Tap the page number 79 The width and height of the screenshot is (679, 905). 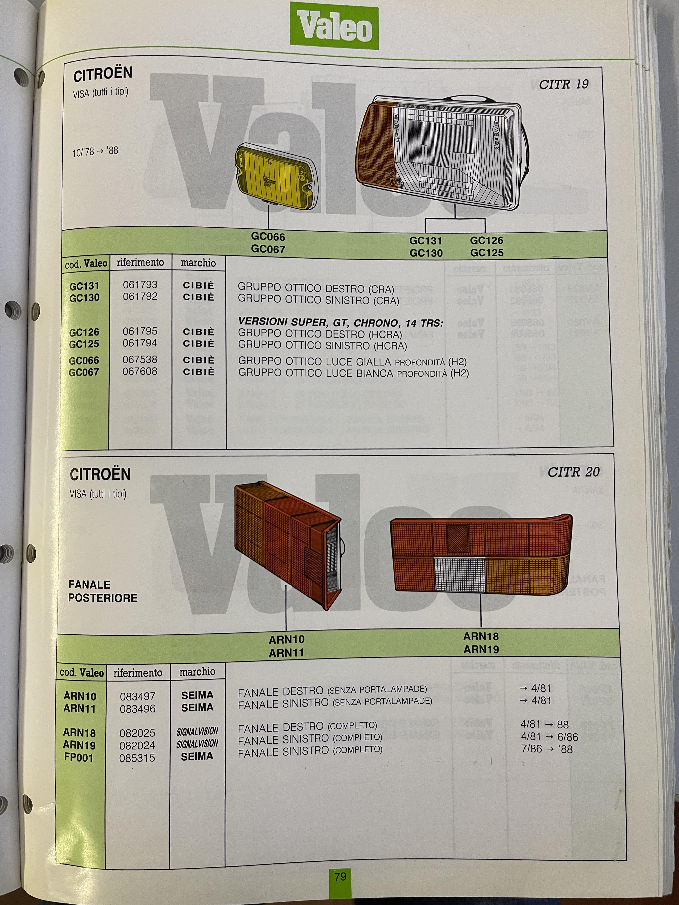click(340, 876)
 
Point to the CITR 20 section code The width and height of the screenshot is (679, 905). click(573, 472)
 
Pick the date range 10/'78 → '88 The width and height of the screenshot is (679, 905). click(95, 151)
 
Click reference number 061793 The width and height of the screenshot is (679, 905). click(140, 285)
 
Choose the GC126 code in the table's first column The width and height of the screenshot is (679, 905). click(84, 332)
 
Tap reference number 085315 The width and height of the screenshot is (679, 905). click(137, 758)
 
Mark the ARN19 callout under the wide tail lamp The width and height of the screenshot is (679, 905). click(481, 649)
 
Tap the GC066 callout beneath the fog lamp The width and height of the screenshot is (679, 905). click(268, 237)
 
